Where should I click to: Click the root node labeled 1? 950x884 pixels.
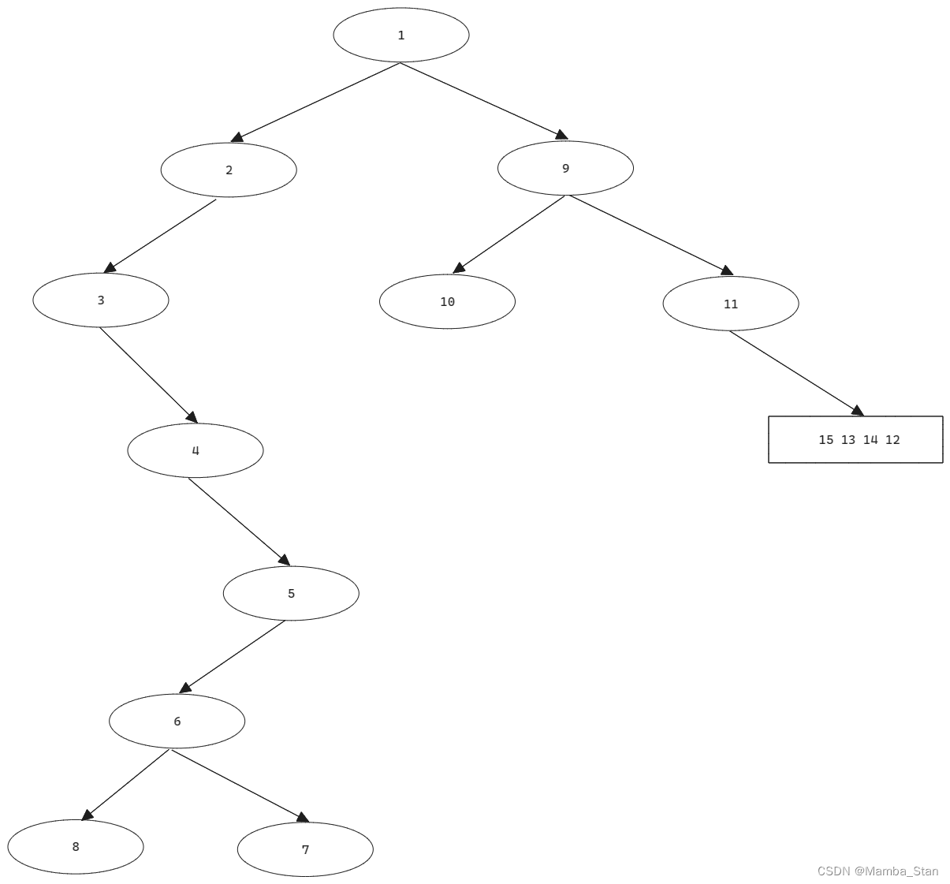click(x=401, y=35)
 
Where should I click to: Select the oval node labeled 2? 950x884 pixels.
click(x=229, y=170)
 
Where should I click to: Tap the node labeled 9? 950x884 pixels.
click(x=565, y=168)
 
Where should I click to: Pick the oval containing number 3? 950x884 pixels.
click(x=101, y=300)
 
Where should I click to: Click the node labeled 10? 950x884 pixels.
click(x=447, y=302)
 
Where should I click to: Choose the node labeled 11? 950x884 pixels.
click(x=731, y=304)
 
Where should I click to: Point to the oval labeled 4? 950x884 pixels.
click(x=196, y=451)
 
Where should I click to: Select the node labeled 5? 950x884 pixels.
click(x=291, y=594)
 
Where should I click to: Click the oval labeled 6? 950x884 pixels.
click(x=177, y=722)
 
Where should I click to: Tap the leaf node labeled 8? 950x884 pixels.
click(x=76, y=847)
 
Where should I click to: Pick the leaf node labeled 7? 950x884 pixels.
click(x=305, y=849)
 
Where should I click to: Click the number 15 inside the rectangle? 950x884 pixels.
click(x=825, y=440)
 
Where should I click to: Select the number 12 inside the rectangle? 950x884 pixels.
click(x=892, y=440)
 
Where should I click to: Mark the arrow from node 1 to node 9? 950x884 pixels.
click(x=483, y=101)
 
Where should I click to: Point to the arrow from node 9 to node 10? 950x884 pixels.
click(x=509, y=234)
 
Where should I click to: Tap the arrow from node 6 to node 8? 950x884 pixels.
click(x=126, y=785)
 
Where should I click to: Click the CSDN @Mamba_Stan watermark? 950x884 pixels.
click(x=877, y=871)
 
